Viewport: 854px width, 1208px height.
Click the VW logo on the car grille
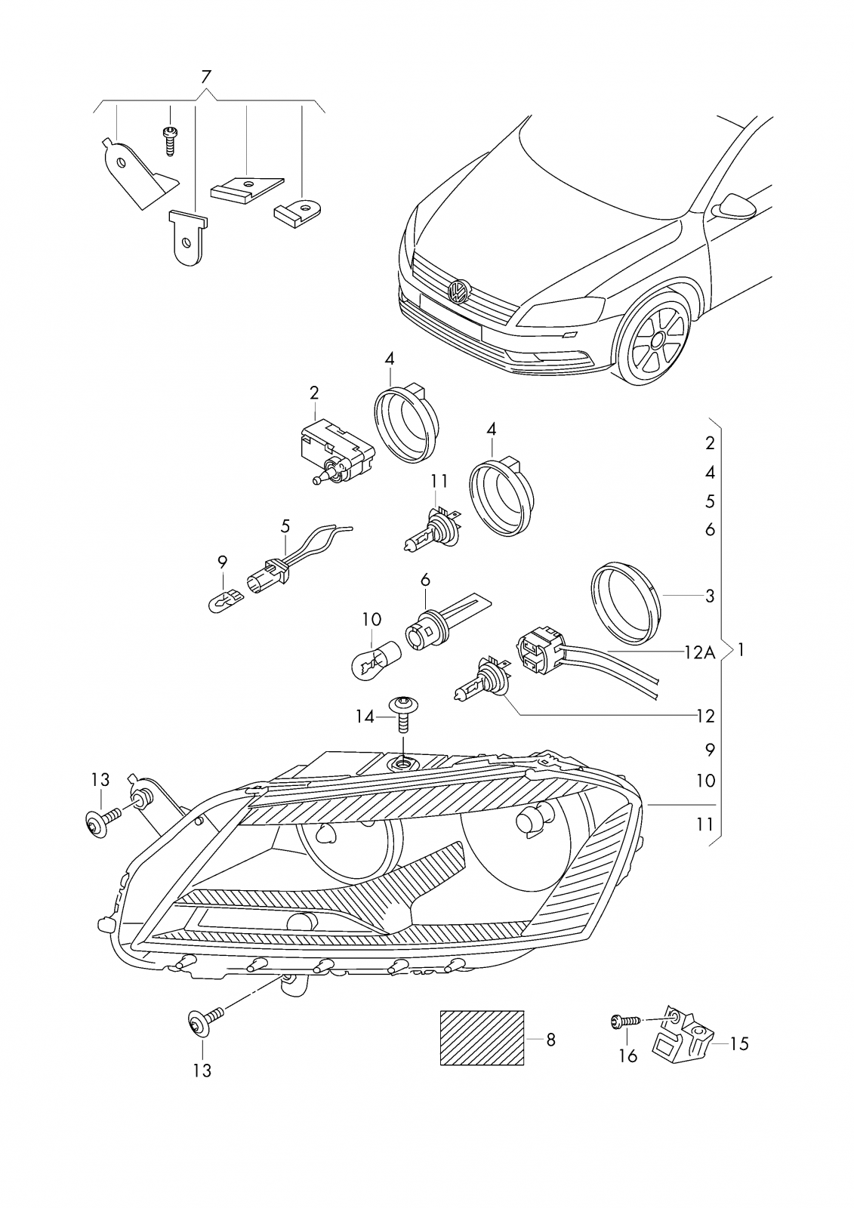coord(458,292)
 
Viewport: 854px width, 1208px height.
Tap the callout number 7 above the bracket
coord(206,76)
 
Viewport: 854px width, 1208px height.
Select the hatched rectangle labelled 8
coord(482,1037)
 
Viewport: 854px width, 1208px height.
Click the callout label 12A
coord(699,652)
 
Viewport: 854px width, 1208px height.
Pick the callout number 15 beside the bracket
coord(739,1043)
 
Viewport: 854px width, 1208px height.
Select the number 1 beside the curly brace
coord(741,649)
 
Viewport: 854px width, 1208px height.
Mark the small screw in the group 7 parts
coord(170,140)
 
